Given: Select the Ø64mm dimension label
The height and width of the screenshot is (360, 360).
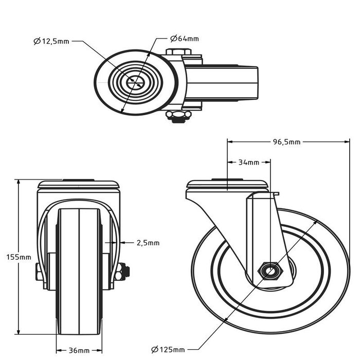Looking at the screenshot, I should coord(184,39).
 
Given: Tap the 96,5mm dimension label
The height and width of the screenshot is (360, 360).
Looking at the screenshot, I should coord(287,142).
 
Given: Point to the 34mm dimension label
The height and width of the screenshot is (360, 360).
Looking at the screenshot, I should coord(249,163).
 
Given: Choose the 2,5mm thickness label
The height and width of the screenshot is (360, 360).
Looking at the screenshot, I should coord(148,242).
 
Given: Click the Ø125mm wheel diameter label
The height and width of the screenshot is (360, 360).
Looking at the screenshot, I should coord(168,350).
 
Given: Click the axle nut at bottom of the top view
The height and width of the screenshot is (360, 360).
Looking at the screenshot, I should coord(178,116).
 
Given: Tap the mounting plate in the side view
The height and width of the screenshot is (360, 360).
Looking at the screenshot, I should coord(227,185).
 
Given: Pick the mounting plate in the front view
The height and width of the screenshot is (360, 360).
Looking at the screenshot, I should coord(78,184).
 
